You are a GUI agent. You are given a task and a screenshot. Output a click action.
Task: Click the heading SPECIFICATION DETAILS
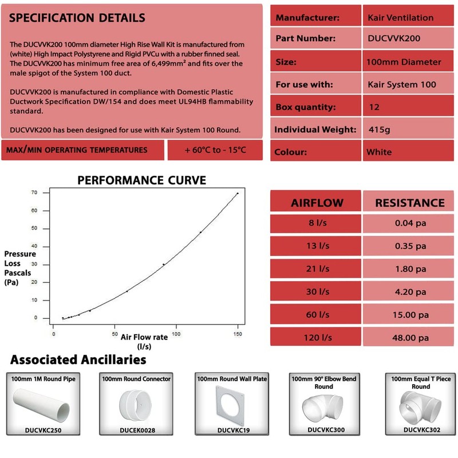click(x=77, y=18)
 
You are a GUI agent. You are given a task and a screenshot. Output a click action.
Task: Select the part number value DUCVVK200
click(x=394, y=39)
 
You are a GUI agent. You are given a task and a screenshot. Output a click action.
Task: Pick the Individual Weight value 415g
click(x=380, y=129)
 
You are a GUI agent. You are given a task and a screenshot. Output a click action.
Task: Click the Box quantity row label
click(x=306, y=107)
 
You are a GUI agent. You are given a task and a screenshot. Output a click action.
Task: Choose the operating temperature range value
click(x=215, y=150)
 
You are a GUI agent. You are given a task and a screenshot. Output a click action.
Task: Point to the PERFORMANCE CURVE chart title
click(x=141, y=181)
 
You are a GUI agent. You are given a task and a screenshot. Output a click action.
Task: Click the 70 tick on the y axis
click(x=34, y=193)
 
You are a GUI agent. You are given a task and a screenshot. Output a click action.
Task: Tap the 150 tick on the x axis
click(x=237, y=334)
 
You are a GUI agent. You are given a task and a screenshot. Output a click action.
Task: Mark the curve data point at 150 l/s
click(x=238, y=194)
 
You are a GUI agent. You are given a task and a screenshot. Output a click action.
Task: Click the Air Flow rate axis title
click(x=144, y=337)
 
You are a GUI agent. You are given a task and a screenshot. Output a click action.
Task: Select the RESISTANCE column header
click(x=409, y=203)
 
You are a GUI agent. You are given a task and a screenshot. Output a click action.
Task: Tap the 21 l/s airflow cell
click(x=317, y=269)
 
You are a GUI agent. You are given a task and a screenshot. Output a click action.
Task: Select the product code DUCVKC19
click(x=232, y=429)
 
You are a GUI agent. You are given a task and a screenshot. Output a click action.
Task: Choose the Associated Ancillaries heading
click(x=78, y=360)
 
